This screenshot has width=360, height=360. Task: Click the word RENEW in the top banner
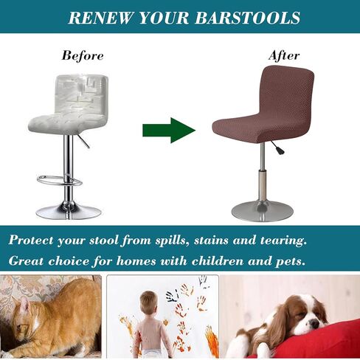101,18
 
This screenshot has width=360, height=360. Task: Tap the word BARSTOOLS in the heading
248,18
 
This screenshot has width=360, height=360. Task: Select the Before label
83,55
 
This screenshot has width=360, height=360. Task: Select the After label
284,55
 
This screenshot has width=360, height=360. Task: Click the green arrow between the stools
169,131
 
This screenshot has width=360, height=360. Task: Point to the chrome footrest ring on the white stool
60,181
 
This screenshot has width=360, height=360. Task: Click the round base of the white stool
69,212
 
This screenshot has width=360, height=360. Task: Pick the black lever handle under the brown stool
280,150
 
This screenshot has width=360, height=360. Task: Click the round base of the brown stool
262,211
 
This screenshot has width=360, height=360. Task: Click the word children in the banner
218,260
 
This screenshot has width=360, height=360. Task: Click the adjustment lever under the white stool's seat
84,141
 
